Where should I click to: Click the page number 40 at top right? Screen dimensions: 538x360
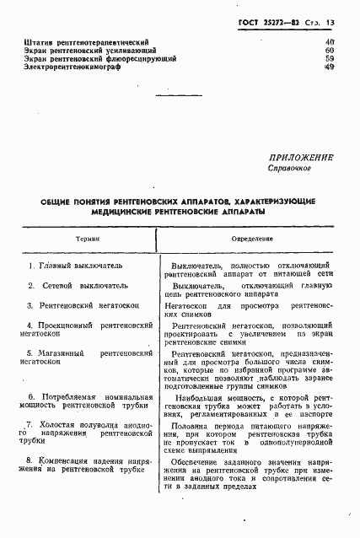pos(330,42)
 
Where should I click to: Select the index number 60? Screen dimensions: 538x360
pos(330,51)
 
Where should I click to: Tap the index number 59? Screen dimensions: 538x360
pos(330,59)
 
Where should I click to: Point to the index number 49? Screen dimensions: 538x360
pos(330,67)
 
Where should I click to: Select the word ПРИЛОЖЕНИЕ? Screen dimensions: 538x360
pos(301,157)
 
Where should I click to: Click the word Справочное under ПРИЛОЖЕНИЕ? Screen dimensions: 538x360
pos(291,168)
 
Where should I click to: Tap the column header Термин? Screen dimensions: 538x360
pos(87,239)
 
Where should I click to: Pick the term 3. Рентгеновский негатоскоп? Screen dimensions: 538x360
pos(81,305)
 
